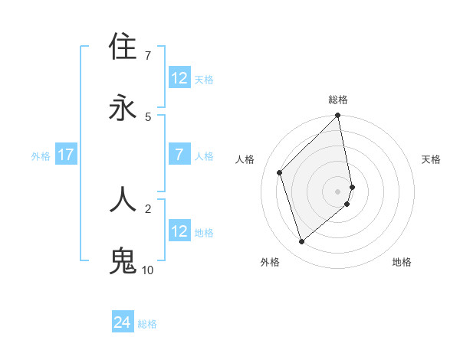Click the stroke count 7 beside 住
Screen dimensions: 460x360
148,56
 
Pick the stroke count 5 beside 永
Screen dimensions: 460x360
148,116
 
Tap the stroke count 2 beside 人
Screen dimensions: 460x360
148,208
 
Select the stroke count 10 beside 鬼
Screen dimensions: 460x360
148,270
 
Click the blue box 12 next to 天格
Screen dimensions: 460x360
179,78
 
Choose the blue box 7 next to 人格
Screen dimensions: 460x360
179,155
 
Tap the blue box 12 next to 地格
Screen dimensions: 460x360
179,231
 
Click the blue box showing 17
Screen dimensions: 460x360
66,155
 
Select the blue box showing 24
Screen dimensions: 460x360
123,323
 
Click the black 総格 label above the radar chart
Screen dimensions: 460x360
338,100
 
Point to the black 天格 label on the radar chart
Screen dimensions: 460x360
431,159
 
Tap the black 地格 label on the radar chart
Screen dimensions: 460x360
402,262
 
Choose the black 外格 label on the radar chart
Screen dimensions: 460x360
269,262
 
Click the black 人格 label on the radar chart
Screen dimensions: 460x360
245,159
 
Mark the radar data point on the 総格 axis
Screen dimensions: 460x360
338,116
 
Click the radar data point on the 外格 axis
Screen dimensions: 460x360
301,242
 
